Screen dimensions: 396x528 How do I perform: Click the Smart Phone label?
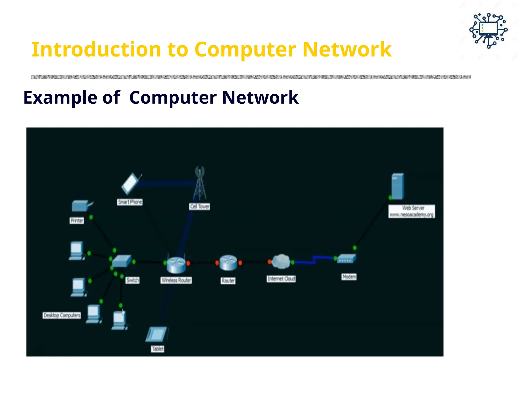pos(130,202)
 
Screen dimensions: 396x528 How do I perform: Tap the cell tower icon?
pos(200,184)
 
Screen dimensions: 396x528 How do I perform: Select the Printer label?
pos(77,220)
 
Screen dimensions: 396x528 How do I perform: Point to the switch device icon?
pos(122,261)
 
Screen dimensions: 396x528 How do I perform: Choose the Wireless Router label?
pos(176,280)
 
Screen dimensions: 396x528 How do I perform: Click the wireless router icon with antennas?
pos(176,264)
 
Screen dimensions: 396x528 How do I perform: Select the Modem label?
pos(349,277)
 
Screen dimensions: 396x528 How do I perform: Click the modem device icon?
pos(346,259)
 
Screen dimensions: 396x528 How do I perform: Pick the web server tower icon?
pos(398,186)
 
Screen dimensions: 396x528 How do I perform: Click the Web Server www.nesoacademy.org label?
pos(412,211)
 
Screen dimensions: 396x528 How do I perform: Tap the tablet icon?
pos(156,334)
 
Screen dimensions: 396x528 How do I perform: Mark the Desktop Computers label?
pos(62,315)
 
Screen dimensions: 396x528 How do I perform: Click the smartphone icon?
pos(130,184)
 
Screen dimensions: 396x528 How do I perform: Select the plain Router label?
pos(228,280)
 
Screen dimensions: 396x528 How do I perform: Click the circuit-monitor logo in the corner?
pos(488,31)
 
